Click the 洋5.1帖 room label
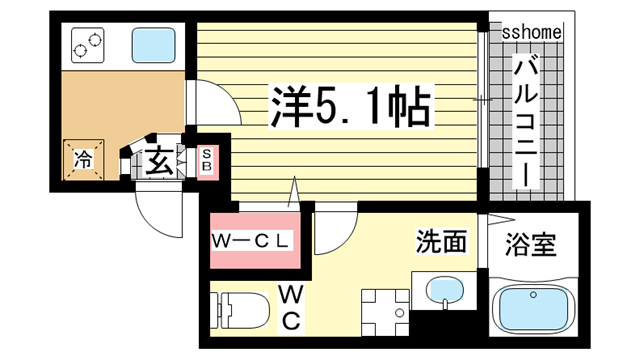348,104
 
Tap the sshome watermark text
530,33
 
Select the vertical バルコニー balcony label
524,120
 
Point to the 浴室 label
530,243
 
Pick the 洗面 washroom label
442,241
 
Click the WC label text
291,308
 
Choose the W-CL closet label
252,242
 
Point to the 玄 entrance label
159,159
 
